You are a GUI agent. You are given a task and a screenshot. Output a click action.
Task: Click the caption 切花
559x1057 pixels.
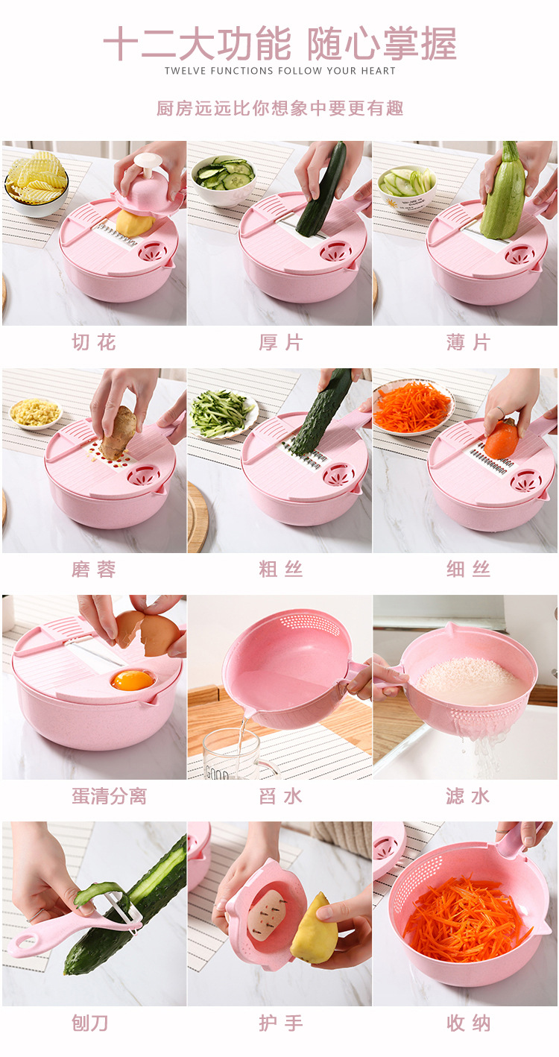94,343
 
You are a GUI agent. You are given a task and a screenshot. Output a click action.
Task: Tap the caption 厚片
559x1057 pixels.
280,343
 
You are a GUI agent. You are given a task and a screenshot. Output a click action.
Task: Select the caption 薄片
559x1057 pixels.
468,343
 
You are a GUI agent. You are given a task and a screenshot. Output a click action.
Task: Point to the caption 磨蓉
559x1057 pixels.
94,570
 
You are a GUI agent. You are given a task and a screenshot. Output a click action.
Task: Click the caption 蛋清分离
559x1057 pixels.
109,796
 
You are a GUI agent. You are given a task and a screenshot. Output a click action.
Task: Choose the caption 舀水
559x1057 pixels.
280,796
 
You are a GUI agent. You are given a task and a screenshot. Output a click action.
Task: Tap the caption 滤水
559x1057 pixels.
468,796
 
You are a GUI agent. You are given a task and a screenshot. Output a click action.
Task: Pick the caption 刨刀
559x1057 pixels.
90,1023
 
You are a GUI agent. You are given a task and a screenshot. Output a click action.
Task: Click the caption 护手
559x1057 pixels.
280,1023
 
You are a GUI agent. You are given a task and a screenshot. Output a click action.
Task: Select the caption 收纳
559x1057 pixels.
468,1023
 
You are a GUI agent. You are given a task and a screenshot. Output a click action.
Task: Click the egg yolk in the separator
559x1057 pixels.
132,680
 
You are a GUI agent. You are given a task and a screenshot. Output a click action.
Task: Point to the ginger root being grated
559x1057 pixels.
119,432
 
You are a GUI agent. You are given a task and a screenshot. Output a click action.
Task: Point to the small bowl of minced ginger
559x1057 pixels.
36,413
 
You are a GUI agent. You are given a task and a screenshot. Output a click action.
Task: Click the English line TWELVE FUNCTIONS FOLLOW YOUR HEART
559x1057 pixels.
280,71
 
